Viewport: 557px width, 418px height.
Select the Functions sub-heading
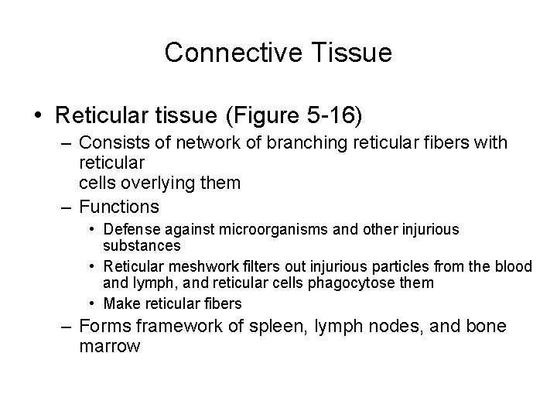point(119,207)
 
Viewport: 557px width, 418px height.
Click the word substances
point(142,246)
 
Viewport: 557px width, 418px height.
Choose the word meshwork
point(190,266)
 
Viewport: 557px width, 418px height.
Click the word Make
point(118,303)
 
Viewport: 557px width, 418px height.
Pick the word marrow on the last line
point(109,347)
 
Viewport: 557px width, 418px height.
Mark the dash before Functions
point(67,207)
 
